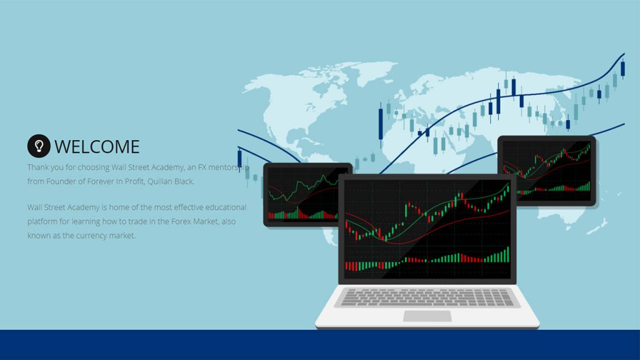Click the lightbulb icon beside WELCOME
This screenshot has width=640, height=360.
(39, 146)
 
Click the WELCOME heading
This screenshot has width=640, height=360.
(97, 147)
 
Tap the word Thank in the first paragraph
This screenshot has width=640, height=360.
(38, 167)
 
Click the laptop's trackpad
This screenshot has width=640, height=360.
(427, 316)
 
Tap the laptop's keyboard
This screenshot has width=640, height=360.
(427, 297)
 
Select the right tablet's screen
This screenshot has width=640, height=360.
(546, 170)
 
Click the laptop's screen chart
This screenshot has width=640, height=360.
(427, 229)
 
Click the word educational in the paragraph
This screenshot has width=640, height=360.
(225, 207)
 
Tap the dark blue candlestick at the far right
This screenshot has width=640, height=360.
(623, 65)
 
